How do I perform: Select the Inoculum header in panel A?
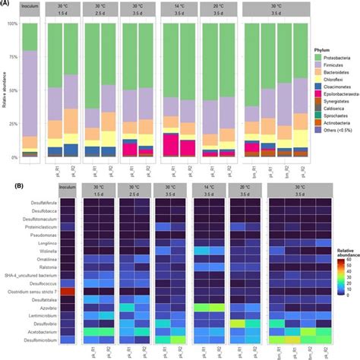point(30,8)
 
